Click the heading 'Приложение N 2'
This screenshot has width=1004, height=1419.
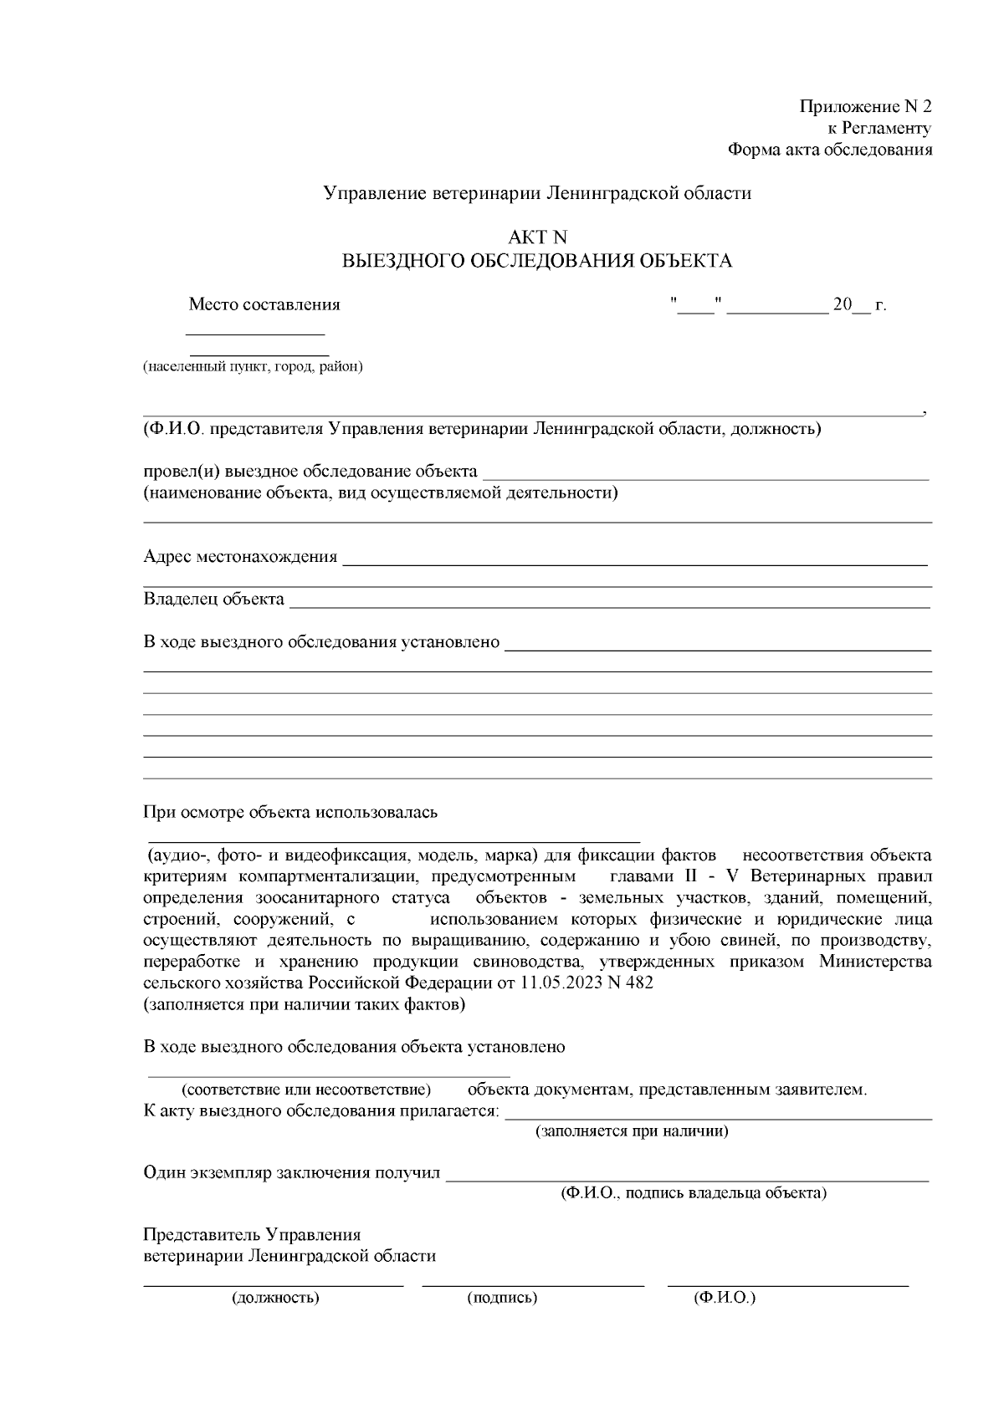click(865, 107)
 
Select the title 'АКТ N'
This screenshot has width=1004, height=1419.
click(536, 238)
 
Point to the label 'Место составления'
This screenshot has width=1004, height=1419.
click(264, 304)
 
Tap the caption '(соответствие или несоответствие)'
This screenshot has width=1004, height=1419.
click(306, 1090)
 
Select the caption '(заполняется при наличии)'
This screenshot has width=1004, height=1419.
click(632, 1132)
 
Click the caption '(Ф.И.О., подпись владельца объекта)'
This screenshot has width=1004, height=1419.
click(693, 1193)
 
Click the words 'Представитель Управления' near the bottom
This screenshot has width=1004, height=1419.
click(252, 1235)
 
